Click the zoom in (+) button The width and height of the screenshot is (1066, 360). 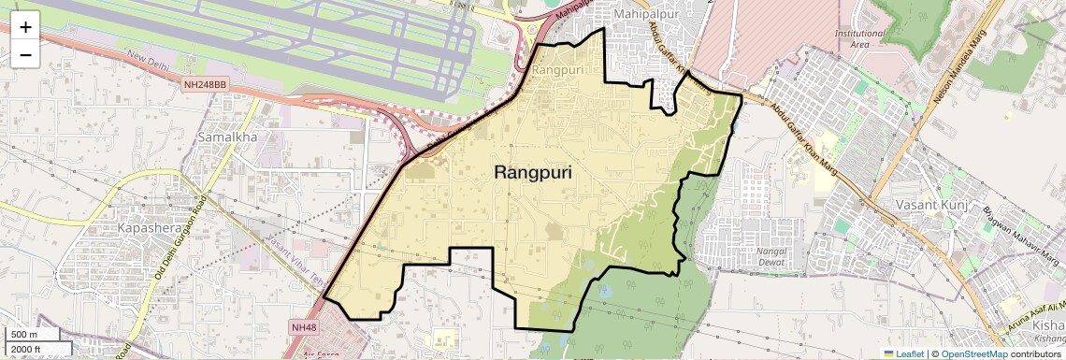click(x=25, y=27)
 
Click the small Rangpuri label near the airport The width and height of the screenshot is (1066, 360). click(x=556, y=69)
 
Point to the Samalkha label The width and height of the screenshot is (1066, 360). click(x=227, y=137)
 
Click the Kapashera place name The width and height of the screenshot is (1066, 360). click(x=151, y=228)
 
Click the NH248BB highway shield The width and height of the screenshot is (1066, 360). click(x=206, y=84)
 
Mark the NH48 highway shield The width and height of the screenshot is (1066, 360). click(x=304, y=326)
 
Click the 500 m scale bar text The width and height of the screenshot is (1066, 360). click(x=25, y=335)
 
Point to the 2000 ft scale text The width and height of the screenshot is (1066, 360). click(x=27, y=349)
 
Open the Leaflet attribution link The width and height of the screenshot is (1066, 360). click(x=903, y=353)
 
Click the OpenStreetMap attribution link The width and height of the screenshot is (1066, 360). click(x=974, y=353)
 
